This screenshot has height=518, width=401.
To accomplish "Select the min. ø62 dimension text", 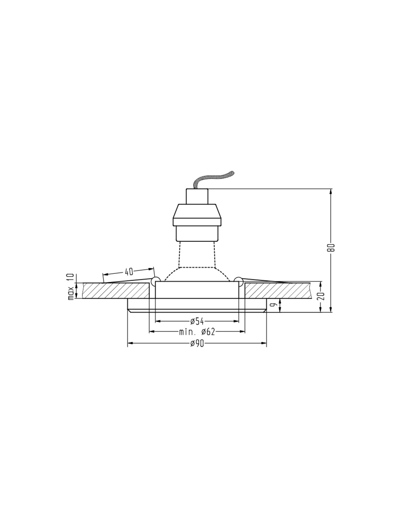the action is click(197, 332).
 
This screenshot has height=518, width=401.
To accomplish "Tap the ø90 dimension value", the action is click(197, 344).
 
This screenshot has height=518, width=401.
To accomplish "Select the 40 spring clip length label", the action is click(129, 272).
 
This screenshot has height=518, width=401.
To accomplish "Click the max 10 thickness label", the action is click(71, 286).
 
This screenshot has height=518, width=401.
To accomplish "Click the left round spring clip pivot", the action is click(156, 280).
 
